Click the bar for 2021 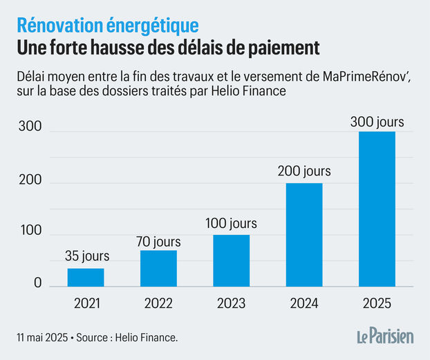coord(86,277)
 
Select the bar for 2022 coord(158,268)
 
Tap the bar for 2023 coord(231,260)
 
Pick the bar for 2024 coord(304,234)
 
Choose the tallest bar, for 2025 coord(377,209)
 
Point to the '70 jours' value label coord(158,241)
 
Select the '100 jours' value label coord(231,223)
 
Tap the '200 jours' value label coord(304,171)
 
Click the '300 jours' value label coord(377,122)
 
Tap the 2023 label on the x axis coord(231,303)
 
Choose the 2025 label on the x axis coord(377,303)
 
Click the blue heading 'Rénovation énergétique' coord(107,26)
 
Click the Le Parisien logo coord(384,337)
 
